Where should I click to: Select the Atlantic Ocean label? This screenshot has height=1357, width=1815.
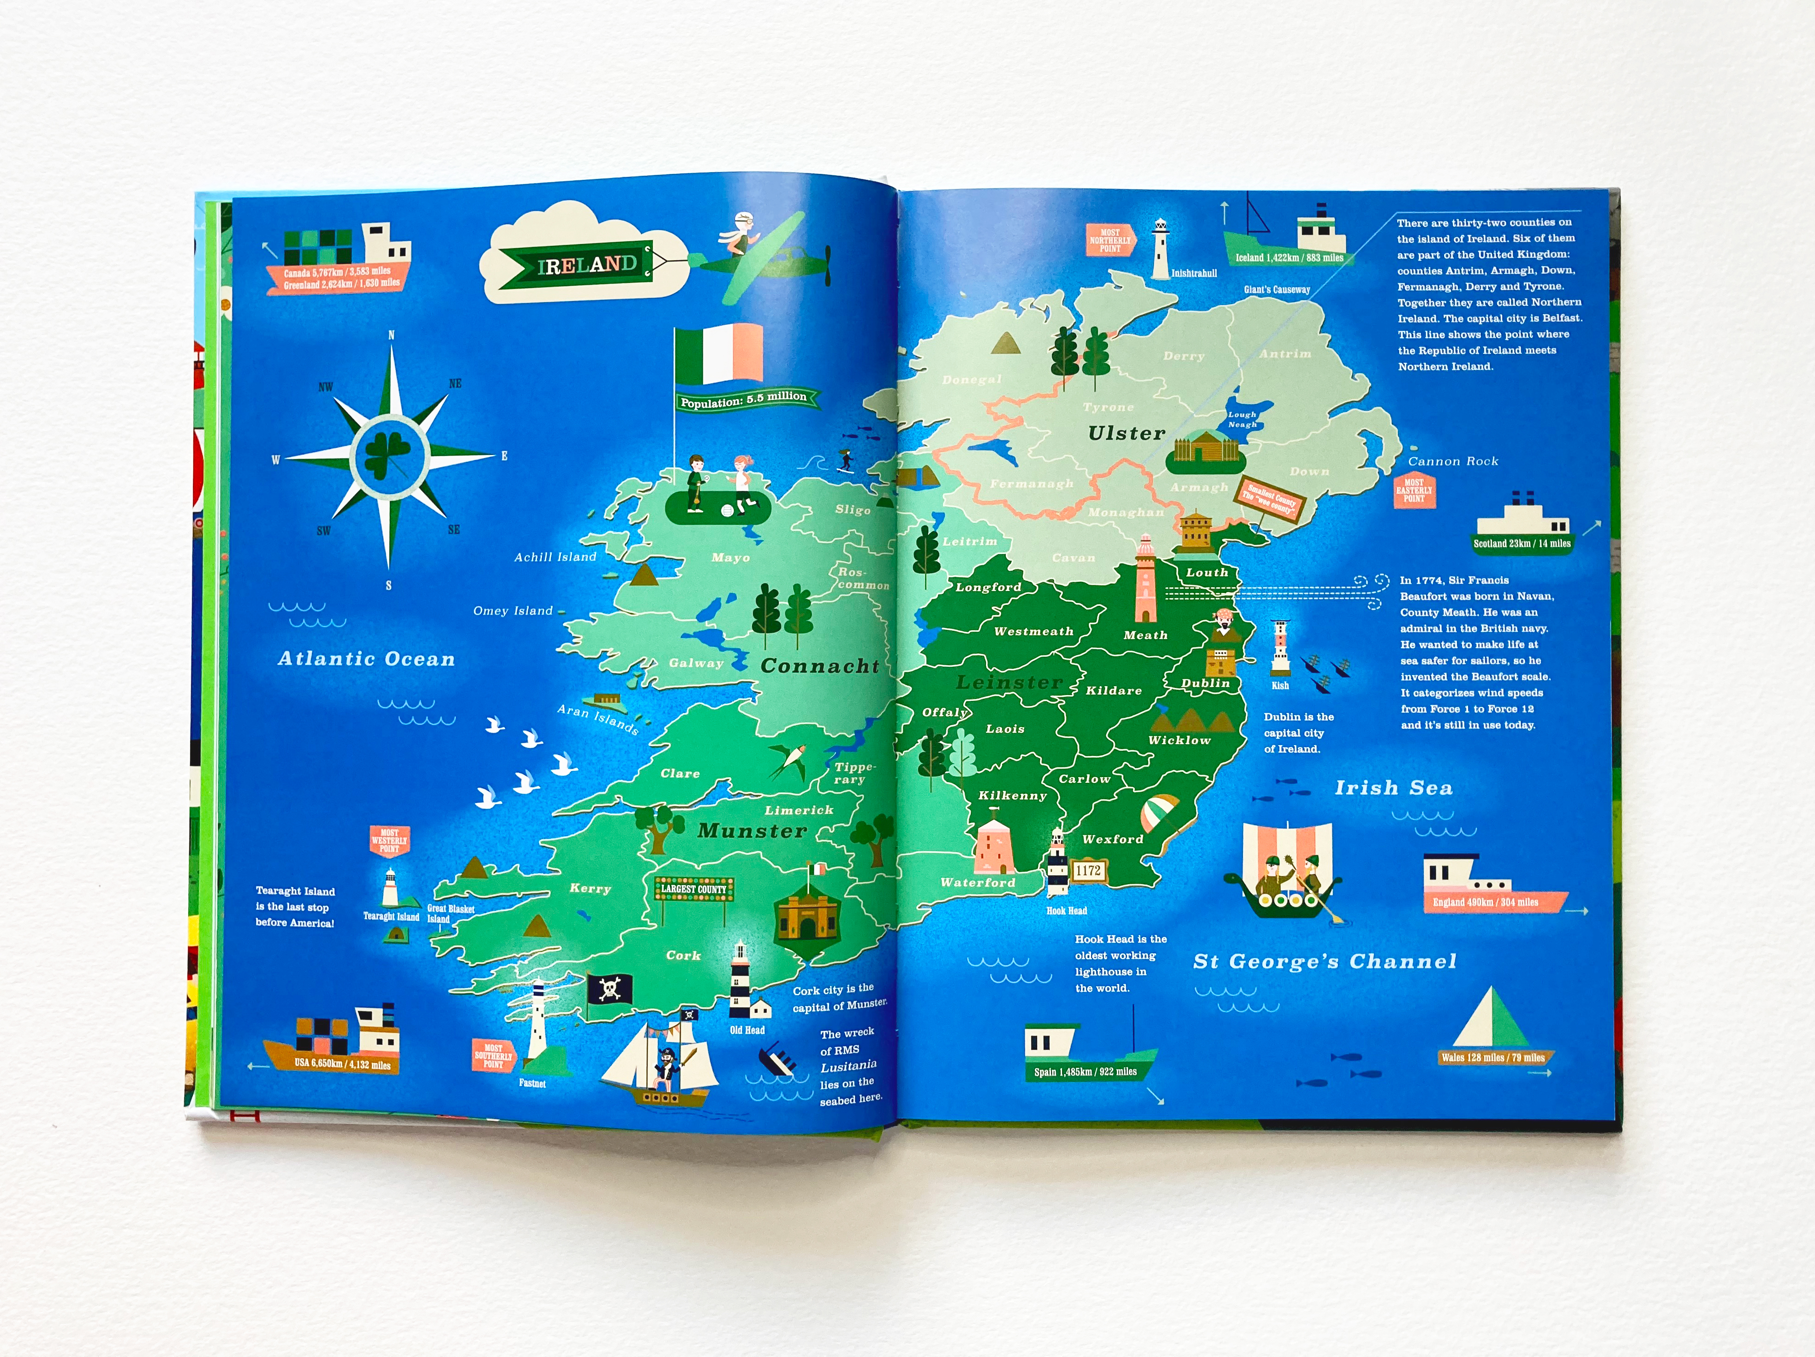[x=366, y=659]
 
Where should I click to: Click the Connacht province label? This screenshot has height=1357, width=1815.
[x=819, y=666]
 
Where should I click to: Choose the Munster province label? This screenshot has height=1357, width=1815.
[x=752, y=831]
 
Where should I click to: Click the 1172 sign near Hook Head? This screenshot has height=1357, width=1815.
[x=1088, y=871]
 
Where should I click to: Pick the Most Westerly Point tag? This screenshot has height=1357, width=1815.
[x=390, y=841]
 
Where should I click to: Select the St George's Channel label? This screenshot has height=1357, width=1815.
[x=1324, y=962]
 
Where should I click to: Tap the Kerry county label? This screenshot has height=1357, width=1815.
[x=590, y=889]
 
